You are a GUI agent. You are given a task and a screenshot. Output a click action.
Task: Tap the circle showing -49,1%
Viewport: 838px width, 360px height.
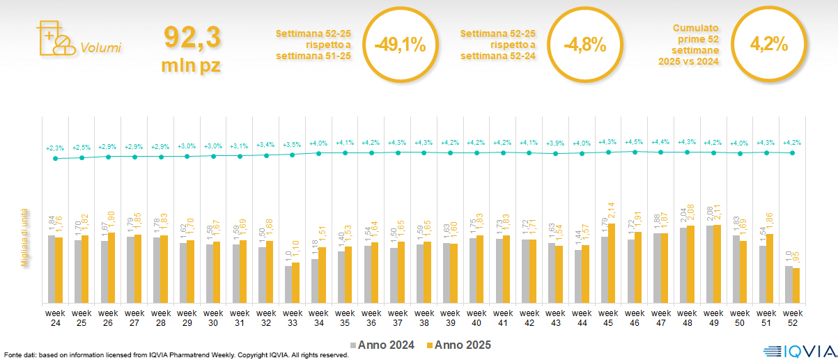click(x=400, y=45)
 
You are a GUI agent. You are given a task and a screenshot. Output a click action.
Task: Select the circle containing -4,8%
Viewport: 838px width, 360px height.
click(x=584, y=45)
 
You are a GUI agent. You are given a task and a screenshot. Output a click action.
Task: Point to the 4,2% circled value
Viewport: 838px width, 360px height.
click(x=768, y=45)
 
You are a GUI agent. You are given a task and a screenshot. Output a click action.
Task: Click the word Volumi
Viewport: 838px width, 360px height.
click(x=100, y=48)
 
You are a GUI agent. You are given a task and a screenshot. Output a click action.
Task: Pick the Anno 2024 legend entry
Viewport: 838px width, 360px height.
click(x=383, y=345)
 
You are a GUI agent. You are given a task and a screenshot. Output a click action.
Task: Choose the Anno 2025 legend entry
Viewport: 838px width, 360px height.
click(x=458, y=345)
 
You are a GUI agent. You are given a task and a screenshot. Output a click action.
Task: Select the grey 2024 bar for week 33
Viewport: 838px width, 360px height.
click(x=288, y=284)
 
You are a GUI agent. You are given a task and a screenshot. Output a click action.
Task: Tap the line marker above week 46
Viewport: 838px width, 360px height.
click(x=635, y=151)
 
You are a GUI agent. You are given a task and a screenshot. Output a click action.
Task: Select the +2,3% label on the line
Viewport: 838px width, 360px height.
click(x=55, y=148)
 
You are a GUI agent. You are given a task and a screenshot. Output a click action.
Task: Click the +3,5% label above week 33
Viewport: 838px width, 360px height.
click(x=292, y=144)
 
